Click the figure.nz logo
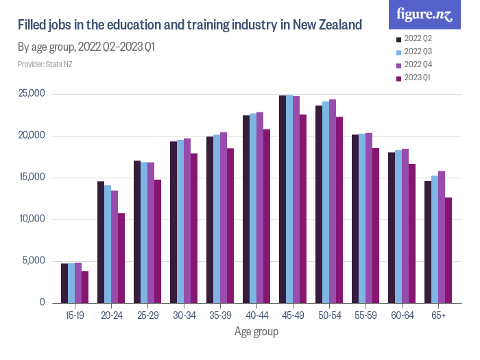[424, 14]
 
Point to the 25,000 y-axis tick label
[32, 94]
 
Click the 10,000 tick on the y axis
[32, 219]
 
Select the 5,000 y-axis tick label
[35, 261]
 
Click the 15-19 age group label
[75, 316]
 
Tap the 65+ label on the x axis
[439, 316]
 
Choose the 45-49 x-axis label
[293, 316]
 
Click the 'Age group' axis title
[256, 332]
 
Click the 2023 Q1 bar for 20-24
[121, 258]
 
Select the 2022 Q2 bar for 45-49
[283, 199]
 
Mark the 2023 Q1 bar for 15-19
[85, 287]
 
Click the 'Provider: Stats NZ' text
[45, 64]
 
